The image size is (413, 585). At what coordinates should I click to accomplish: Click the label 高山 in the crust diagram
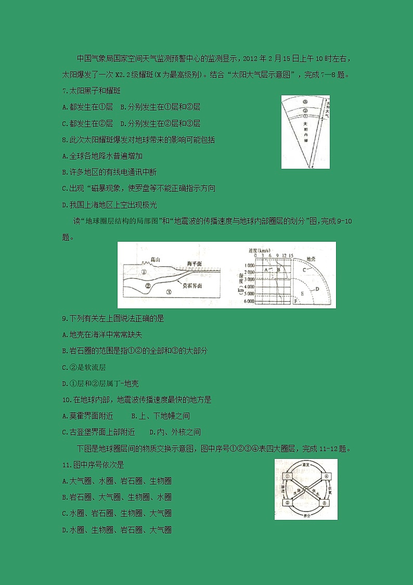click(x=154, y=259)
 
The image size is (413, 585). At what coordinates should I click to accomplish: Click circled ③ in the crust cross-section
click(x=169, y=293)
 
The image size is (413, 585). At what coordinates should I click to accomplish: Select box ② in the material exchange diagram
click(x=287, y=503)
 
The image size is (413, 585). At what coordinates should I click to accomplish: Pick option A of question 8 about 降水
click(x=102, y=156)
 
